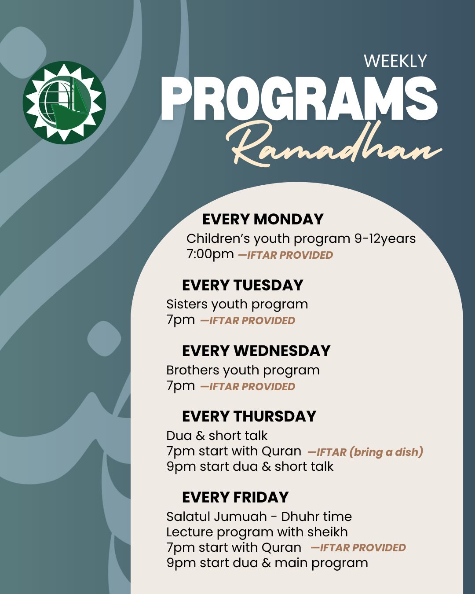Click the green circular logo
point(64,102)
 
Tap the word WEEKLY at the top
point(395,61)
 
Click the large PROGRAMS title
point(299,99)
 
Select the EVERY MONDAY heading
point(263,219)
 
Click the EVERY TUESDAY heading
point(242,285)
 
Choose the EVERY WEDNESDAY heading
point(256,351)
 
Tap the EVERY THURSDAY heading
point(249,416)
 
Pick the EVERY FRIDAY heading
point(235,497)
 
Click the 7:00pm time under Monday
point(210,254)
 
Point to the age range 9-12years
point(385,238)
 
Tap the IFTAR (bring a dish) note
point(365,452)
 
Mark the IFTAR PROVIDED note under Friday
point(358,548)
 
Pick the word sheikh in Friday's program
point(328,532)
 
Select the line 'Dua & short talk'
point(217,436)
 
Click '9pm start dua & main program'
point(267,563)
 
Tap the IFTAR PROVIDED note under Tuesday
point(248,321)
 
